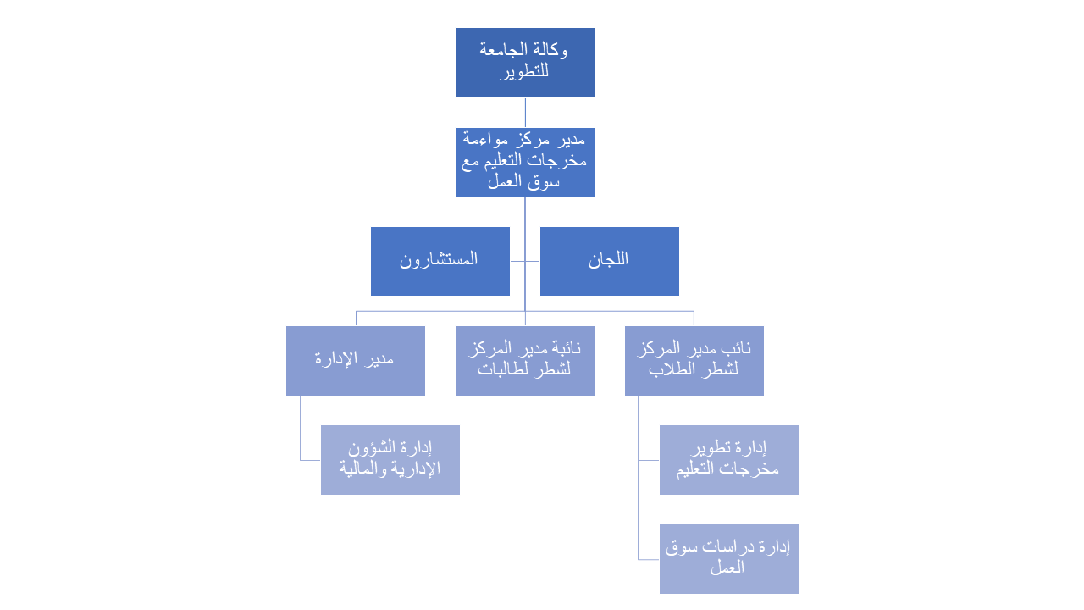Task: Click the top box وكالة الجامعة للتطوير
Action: pos(524,63)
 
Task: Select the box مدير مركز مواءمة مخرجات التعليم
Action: pos(524,162)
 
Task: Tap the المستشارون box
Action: pos(440,262)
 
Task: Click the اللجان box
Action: pos(609,262)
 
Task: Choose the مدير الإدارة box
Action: pos(355,361)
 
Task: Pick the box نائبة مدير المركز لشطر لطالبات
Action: pos(524,361)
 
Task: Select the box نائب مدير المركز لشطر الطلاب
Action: pos(694,361)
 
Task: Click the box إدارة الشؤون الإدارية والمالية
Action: pos(390,460)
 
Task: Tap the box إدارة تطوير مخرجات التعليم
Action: pos(729,460)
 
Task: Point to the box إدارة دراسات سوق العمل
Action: pos(729,559)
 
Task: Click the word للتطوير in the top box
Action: pos(524,72)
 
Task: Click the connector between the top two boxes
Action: pos(525,113)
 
